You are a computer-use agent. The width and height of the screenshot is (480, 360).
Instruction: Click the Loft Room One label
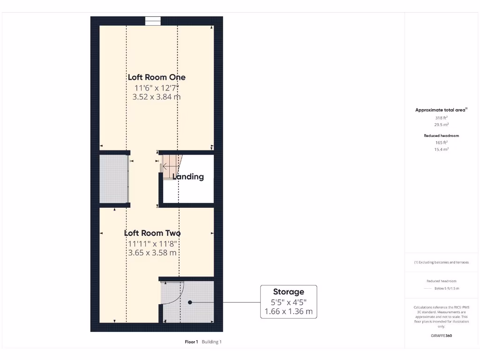(157, 77)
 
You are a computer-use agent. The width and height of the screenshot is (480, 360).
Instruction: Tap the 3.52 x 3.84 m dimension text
(157, 97)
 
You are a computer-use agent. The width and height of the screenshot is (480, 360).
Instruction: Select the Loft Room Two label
(152, 233)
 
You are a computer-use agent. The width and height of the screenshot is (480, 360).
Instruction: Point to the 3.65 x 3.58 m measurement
(152, 253)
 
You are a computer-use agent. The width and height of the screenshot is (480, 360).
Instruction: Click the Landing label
(188, 177)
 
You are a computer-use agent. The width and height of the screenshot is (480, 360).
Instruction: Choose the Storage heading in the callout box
(288, 292)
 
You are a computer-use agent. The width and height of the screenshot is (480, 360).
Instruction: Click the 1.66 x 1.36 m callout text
(288, 311)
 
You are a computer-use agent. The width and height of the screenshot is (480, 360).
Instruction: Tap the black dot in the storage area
(190, 302)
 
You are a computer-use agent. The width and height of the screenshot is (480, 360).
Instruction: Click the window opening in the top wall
(153, 21)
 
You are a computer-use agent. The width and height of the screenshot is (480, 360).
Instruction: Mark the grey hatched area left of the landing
(113, 179)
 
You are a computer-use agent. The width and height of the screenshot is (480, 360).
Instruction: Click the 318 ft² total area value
(441, 118)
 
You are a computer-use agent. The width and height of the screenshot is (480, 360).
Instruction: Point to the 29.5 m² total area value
(441, 125)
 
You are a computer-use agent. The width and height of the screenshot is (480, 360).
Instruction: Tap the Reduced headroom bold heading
(441, 135)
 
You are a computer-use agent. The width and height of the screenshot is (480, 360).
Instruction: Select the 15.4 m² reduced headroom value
(441, 149)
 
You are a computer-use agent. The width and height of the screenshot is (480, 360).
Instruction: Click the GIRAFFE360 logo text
(441, 336)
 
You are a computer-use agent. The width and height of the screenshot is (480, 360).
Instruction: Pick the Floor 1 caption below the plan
(191, 342)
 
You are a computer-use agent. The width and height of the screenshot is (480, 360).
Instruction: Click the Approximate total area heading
(441, 110)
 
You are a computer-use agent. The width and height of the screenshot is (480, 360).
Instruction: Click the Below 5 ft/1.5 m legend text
(447, 289)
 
